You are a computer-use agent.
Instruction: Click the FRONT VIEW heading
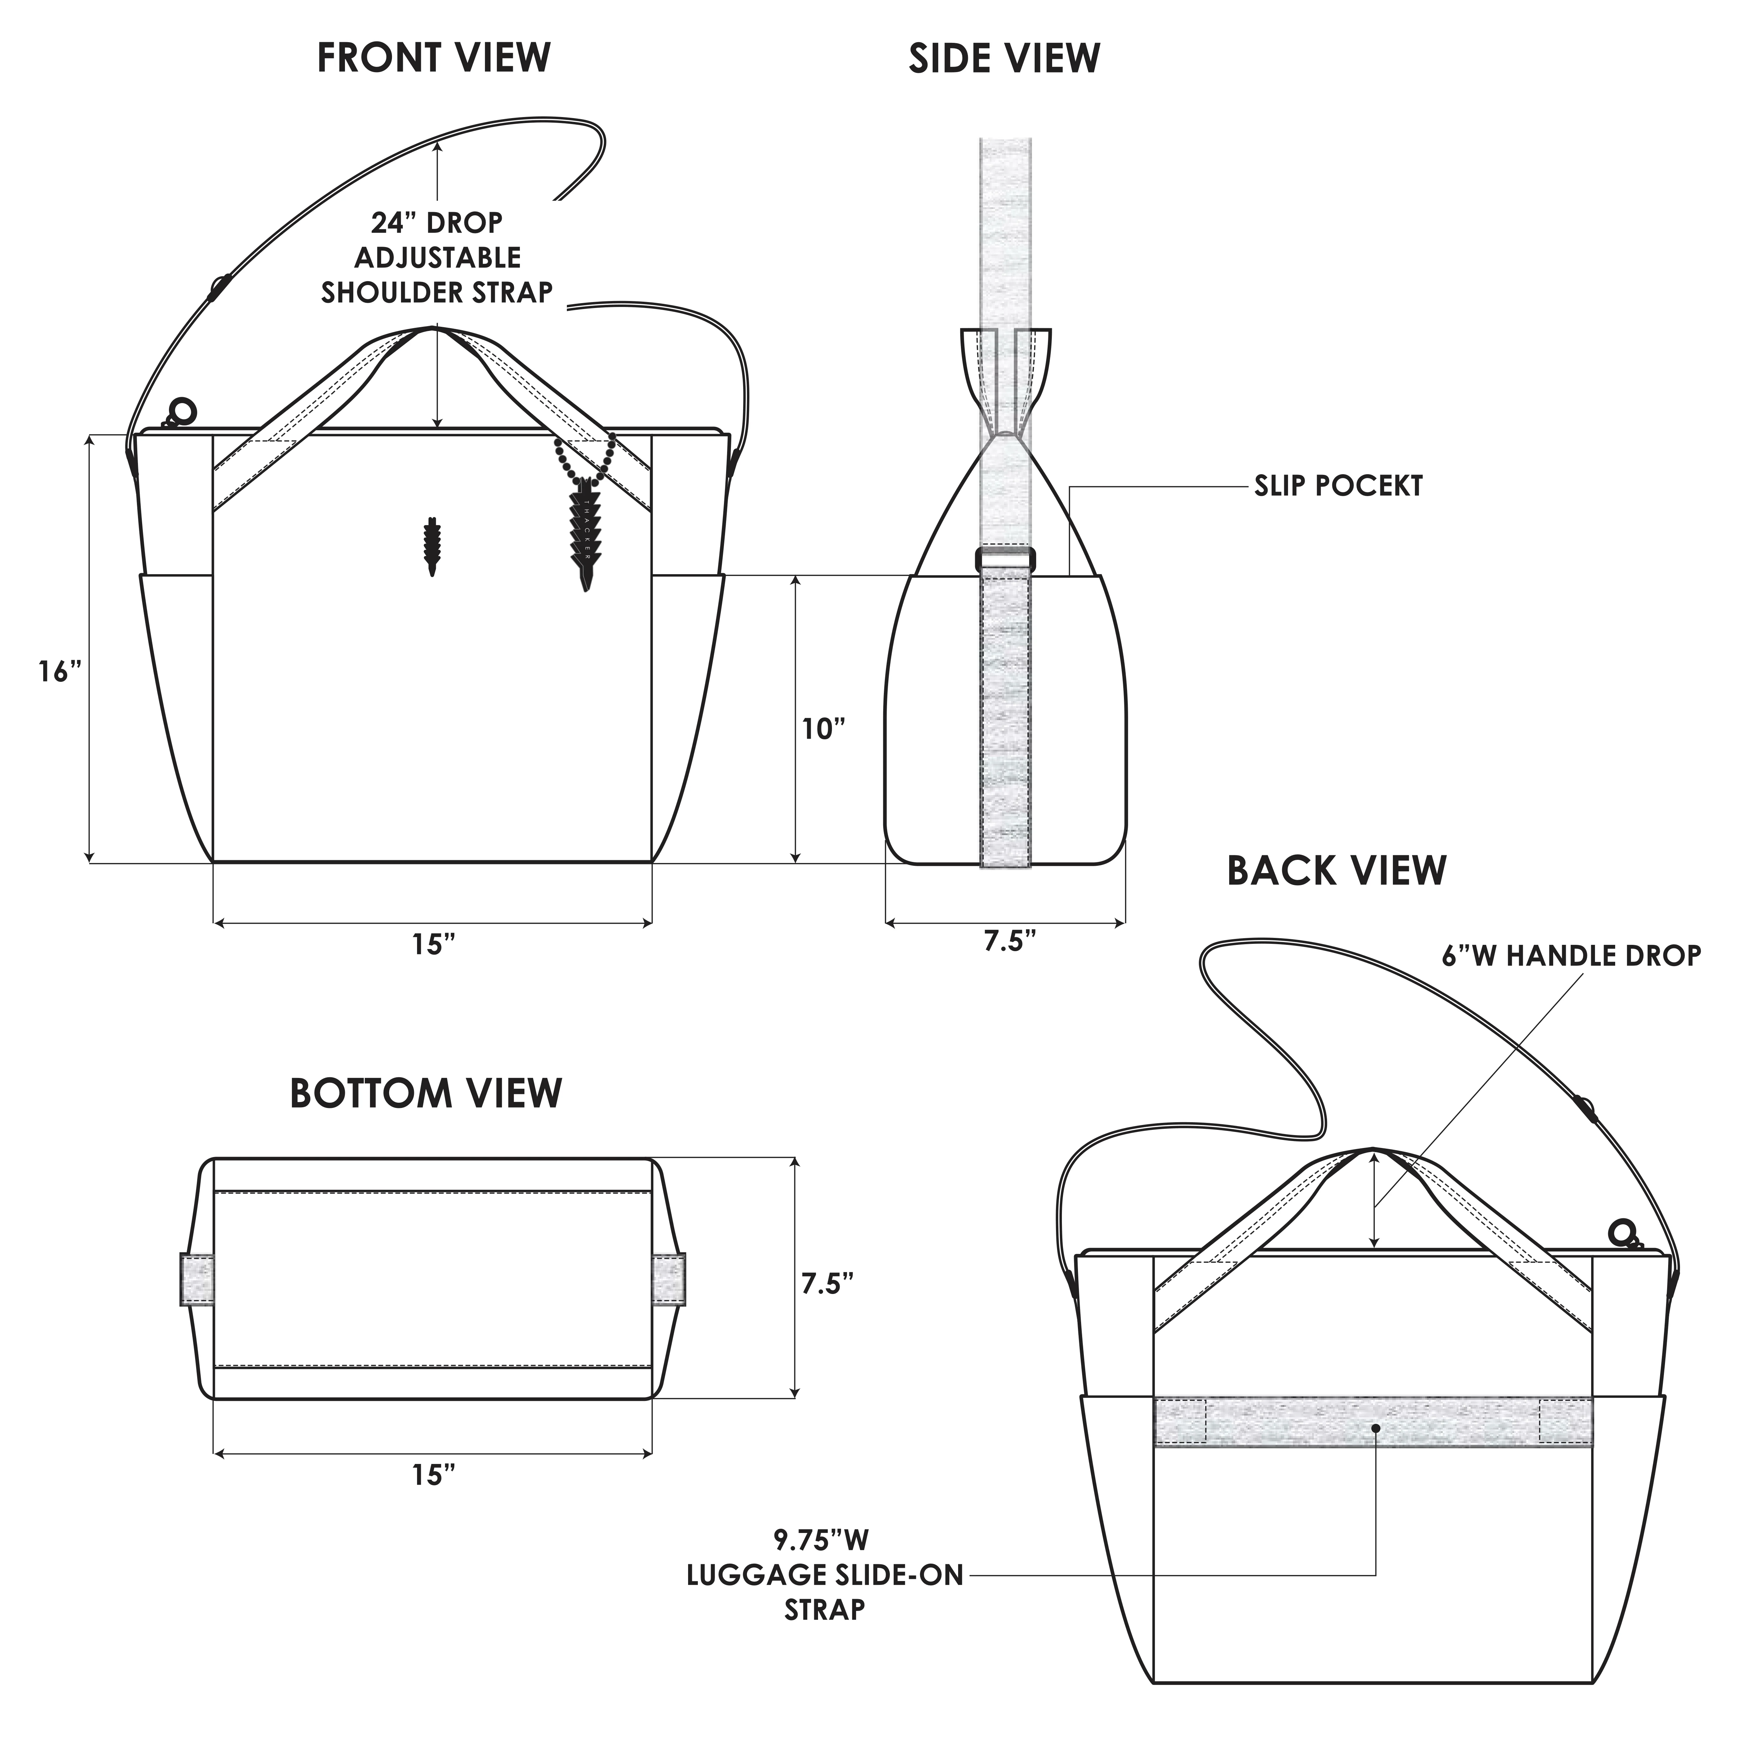(x=434, y=58)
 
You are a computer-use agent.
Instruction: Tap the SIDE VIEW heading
(x=1003, y=58)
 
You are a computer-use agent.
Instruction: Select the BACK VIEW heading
(x=1336, y=871)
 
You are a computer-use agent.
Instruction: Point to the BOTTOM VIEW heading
(x=426, y=1093)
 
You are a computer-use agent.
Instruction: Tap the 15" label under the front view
(x=434, y=945)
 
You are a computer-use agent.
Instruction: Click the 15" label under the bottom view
(x=434, y=1475)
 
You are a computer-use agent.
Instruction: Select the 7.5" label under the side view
(x=1009, y=941)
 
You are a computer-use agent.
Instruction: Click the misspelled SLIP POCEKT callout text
(x=1338, y=486)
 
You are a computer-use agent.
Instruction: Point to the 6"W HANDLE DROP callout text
(x=1571, y=956)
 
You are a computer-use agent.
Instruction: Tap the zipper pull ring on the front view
(x=182, y=412)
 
